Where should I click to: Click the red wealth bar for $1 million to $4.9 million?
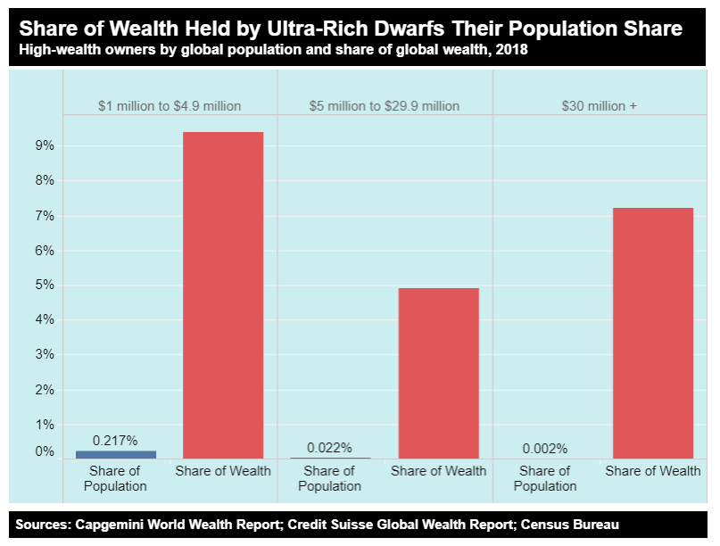pyautogui.click(x=222, y=294)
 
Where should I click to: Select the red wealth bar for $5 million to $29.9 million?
pyautogui.click(x=438, y=373)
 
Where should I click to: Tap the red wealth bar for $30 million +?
pyautogui.click(x=653, y=333)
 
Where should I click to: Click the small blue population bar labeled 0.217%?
pyautogui.click(x=115, y=454)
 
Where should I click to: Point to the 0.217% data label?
pyautogui.click(x=115, y=440)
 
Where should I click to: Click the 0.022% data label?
pyautogui.click(x=329, y=447)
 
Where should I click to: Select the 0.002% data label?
pyautogui.click(x=545, y=449)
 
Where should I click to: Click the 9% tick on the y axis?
pyautogui.click(x=45, y=145)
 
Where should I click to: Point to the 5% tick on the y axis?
pyautogui.click(x=45, y=285)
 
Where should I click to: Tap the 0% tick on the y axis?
pyautogui.click(x=45, y=451)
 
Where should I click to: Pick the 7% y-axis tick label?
pyautogui.click(x=45, y=216)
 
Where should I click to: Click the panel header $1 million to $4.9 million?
pyautogui.click(x=170, y=105)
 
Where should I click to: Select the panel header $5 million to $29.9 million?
pyautogui.click(x=385, y=105)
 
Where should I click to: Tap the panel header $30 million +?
pyautogui.click(x=600, y=105)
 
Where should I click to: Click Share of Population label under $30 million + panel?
pyautogui.click(x=545, y=478)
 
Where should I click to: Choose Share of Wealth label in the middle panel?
pyautogui.click(x=438, y=470)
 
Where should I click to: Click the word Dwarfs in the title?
pyautogui.click(x=398, y=29)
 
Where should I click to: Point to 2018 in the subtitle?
pyautogui.click(x=512, y=50)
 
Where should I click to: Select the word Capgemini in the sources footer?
pyautogui.click(x=112, y=525)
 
